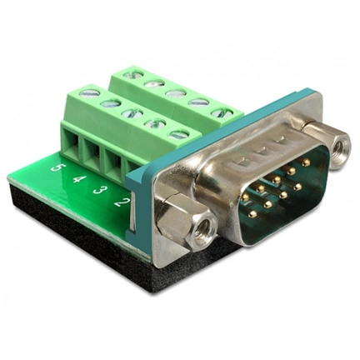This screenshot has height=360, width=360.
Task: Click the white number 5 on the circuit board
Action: point(57,168)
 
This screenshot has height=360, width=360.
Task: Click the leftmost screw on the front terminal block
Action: point(86,92)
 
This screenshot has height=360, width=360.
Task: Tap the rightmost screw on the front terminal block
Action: point(177,133)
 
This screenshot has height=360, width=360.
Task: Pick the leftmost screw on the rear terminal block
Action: point(128,74)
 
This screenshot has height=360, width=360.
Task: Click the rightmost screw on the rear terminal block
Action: point(217,112)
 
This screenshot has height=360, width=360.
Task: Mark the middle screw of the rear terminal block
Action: point(173,93)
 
